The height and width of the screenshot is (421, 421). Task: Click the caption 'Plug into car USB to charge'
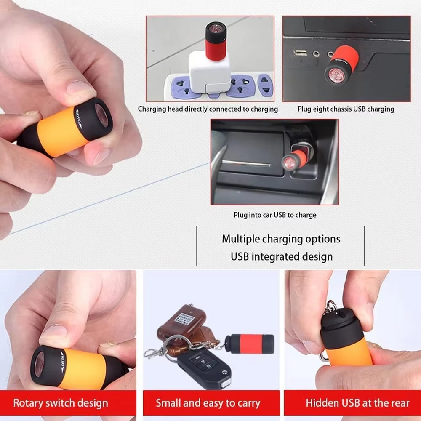tap(275, 215)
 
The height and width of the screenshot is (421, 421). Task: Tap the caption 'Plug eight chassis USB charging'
tap(346, 109)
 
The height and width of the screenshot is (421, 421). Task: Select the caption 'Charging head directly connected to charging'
tap(208, 109)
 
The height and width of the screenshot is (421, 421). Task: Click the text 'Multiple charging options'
tap(281, 239)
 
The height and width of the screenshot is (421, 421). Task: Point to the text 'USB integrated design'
tap(281, 256)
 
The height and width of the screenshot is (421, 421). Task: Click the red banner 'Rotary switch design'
tap(61, 403)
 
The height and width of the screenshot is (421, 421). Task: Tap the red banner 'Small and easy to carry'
tap(208, 403)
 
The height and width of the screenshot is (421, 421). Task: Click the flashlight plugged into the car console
tap(298, 157)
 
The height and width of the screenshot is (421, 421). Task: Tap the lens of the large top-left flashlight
tap(101, 116)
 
